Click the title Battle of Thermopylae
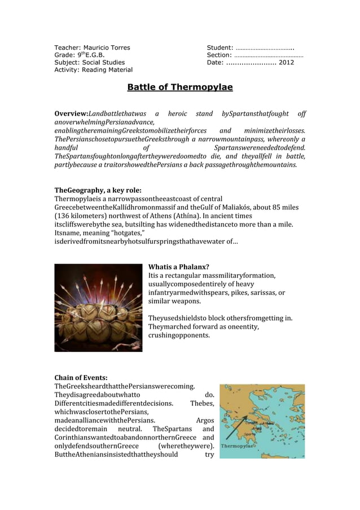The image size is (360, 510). (x=179, y=88)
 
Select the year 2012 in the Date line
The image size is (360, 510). (x=286, y=62)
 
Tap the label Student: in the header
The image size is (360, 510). (x=220, y=47)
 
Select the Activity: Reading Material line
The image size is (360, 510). (x=93, y=70)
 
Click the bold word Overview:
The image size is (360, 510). (x=71, y=114)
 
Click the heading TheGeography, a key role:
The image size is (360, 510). (x=98, y=190)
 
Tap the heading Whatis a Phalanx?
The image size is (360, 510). (x=178, y=267)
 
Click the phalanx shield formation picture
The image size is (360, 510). (x=98, y=307)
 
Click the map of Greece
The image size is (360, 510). (x=262, y=421)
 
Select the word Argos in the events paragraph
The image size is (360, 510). (x=204, y=420)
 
